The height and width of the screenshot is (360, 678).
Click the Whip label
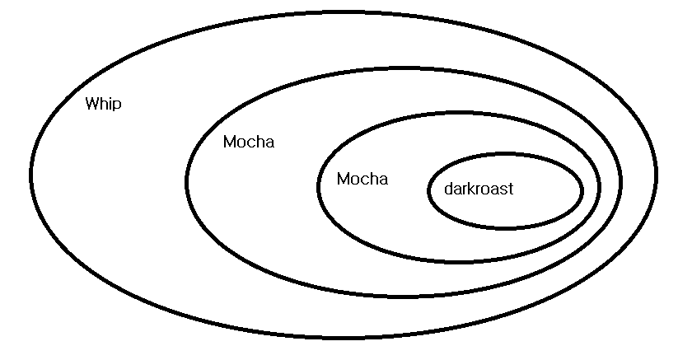coord(103,105)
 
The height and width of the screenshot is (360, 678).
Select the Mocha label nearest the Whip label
coord(248,142)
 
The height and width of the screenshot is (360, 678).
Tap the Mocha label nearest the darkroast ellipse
coord(362,179)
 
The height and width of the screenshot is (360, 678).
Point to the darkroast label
coord(478,189)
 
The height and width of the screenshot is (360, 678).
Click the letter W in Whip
coord(92,104)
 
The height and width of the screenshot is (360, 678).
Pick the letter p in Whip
coord(117,106)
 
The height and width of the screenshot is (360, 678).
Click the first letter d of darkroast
coord(447,189)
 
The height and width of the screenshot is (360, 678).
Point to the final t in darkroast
coord(510,189)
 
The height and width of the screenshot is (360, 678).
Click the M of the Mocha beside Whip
coord(230,142)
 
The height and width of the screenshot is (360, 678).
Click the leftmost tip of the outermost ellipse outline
coord(31,173)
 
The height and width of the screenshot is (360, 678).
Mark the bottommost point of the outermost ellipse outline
coord(344,337)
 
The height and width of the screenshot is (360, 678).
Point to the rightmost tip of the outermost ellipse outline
coord(656,174)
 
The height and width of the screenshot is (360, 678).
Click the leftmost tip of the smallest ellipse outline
coord(429,190)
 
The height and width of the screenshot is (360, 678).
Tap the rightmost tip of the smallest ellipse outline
coord(582,190)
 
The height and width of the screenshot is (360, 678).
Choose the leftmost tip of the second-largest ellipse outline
coord(187,180)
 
